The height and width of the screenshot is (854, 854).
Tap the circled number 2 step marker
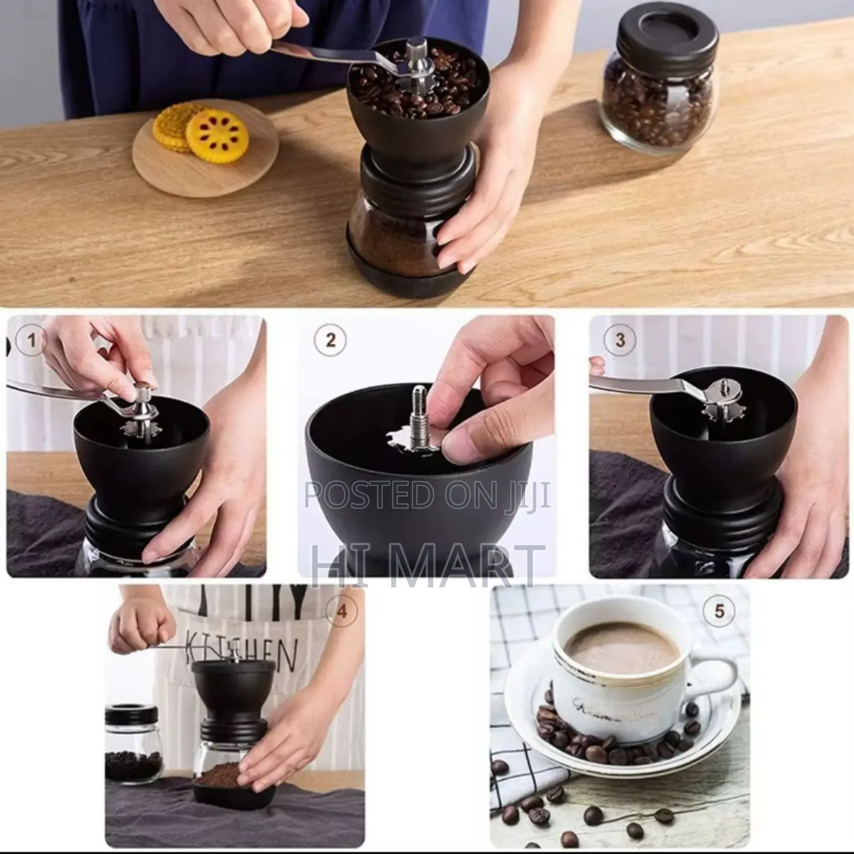point(330,340)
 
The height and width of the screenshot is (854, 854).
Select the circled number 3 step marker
point(620,340)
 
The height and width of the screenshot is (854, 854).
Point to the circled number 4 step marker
point(342,610)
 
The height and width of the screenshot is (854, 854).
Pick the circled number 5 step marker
point(719,610)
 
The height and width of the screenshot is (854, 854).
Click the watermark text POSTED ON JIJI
point(427,494)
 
